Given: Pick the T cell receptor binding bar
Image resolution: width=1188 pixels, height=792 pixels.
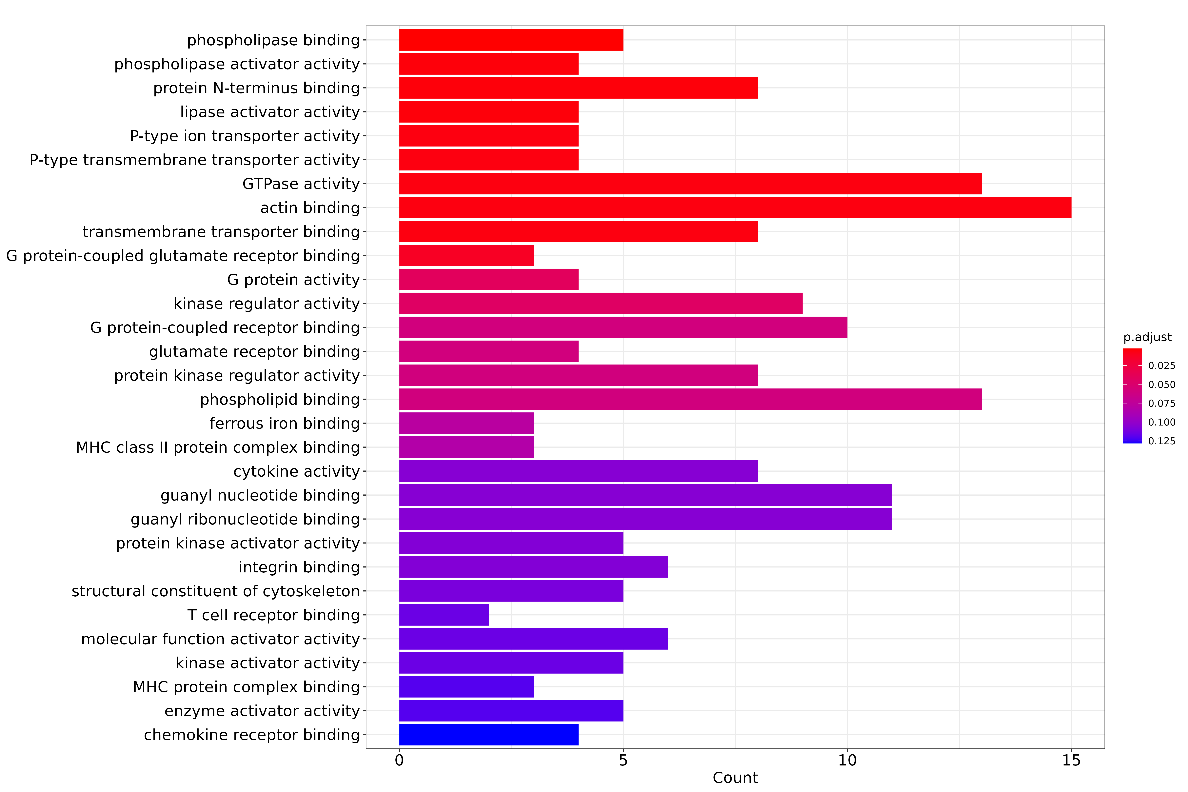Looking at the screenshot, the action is [444, 615].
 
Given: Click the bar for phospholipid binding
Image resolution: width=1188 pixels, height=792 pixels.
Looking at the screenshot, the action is [690, 399].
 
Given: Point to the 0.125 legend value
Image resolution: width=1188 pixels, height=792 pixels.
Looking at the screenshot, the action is [1162, 441].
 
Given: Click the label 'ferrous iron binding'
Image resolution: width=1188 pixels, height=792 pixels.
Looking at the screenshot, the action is [285, 423].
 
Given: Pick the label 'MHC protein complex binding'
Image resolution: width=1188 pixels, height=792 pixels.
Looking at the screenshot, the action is [247, 687].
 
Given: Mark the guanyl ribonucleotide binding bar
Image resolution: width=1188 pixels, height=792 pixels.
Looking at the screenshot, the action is [645, 519].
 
